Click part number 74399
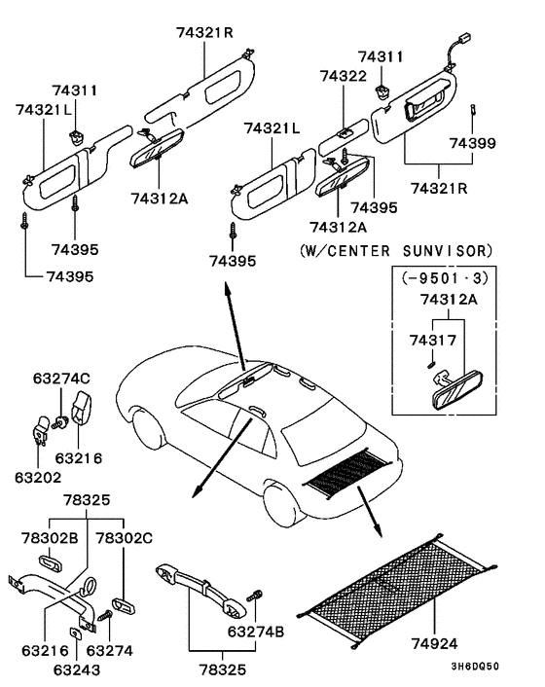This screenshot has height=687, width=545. click(x=472, y=143)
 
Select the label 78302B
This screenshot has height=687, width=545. click(x=49, y=536)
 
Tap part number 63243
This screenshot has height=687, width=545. click(x=77, y=669)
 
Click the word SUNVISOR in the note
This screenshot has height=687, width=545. click(x=452, y=249)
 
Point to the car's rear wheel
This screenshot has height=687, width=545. click(x=282, y=502)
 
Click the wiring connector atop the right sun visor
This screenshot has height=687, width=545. click(x=455, y=44)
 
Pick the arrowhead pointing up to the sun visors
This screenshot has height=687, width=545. click(x=226, y=289)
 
